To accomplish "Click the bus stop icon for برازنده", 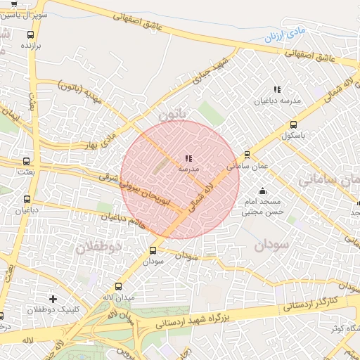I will click(30, 34).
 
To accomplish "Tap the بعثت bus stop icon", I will click(27, 161).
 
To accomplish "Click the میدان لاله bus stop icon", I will click(118, 287).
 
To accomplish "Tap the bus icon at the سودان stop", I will click(153, 250).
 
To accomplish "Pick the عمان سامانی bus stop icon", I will click(247, 155).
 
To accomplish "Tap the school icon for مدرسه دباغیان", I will click(277, 89).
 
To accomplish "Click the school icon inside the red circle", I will click(188, 159).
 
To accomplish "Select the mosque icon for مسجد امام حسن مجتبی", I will click(263, 191).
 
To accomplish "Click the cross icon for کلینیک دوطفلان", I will click(52, 299).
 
